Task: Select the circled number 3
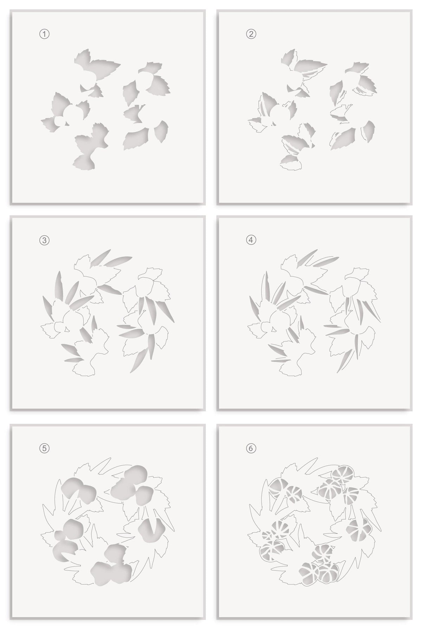(44, 240)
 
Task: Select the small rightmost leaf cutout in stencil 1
(162, 129)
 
